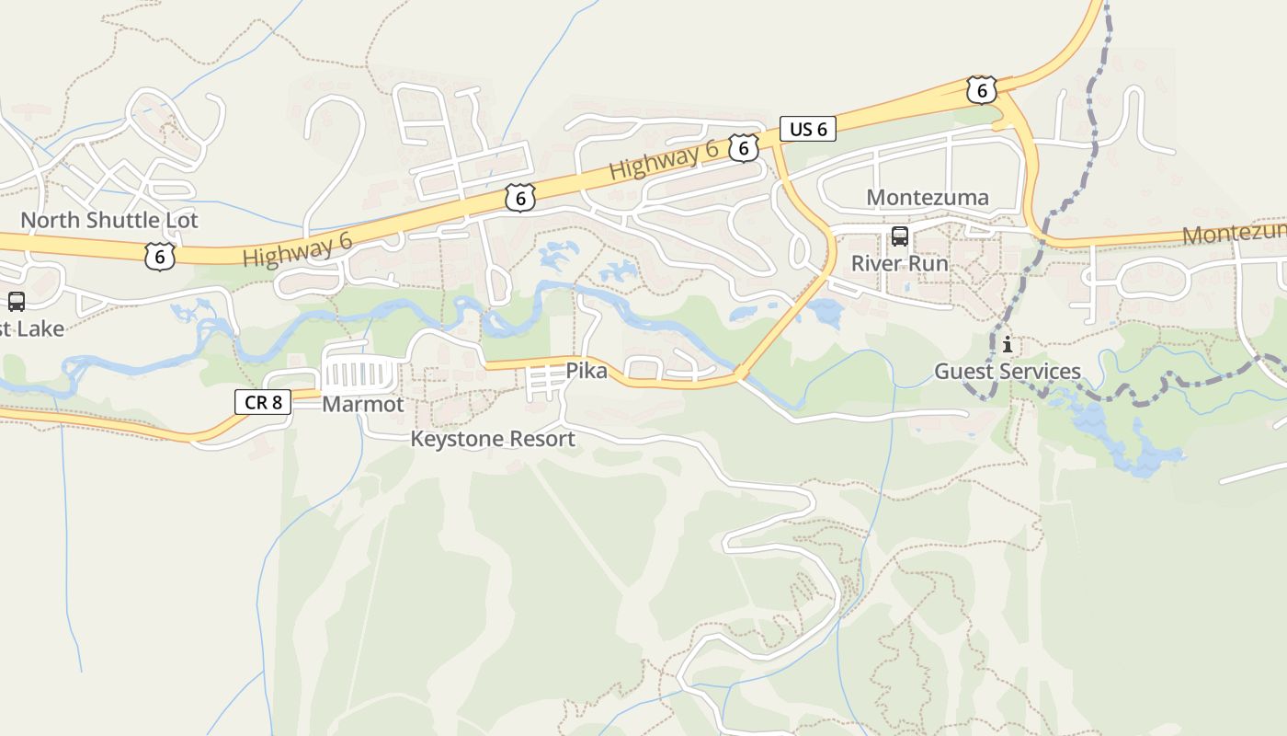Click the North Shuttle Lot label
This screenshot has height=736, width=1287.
[109, 221]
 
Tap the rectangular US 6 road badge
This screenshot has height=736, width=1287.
[808, 129]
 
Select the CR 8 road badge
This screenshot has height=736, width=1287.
[263, 401]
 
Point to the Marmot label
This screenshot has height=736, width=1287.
[362, 405]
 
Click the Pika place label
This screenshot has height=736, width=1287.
[587, 372]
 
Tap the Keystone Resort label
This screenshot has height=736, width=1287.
[493, 439]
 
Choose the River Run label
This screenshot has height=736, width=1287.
[899, 263]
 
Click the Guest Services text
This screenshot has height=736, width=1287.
[1008, 372]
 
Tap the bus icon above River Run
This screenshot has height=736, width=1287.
[900, 236]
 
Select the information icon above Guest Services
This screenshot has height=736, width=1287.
[1008, 345]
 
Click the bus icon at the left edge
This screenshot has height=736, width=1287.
[17, 301]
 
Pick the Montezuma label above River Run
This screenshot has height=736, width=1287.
[928, 198]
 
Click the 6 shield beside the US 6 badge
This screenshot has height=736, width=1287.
[744, 147]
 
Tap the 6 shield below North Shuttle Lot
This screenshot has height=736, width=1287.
[160, 256]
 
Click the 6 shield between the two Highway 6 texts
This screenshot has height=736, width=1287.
[520, 198]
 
